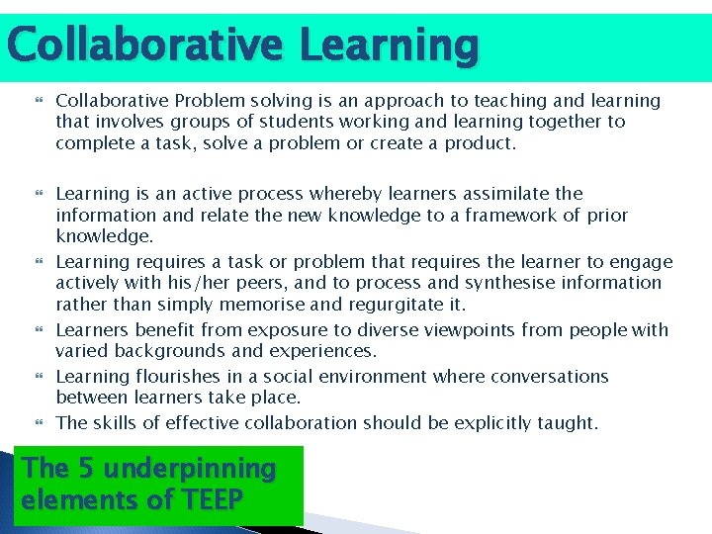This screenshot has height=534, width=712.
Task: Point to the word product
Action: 483,142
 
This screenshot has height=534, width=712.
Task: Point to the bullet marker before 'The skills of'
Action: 41,423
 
